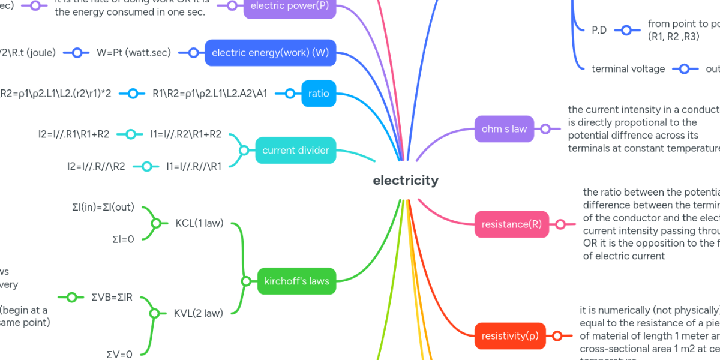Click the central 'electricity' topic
click(406, 180)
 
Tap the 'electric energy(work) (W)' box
click(270, 52)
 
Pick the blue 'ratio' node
click(319, 93)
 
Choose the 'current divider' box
click(296, 150)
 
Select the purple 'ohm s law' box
click(504, 128)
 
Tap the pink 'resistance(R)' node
click(511, 224)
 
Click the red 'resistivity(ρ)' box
click(510, 335)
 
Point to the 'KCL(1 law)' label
click(199, 223)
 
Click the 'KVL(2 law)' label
click(199, 313)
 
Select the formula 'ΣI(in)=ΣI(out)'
click(103, 208)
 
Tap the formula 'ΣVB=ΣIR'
click(112, 296)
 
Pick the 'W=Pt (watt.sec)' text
click(134, 52)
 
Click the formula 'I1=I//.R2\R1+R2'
click(186, 134)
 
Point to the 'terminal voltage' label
click(628, 68)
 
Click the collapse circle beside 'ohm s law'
click(545, 128)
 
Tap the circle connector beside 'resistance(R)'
click(560, 224)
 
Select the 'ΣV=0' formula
click(119, 354)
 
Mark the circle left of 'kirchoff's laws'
click(245, 281)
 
